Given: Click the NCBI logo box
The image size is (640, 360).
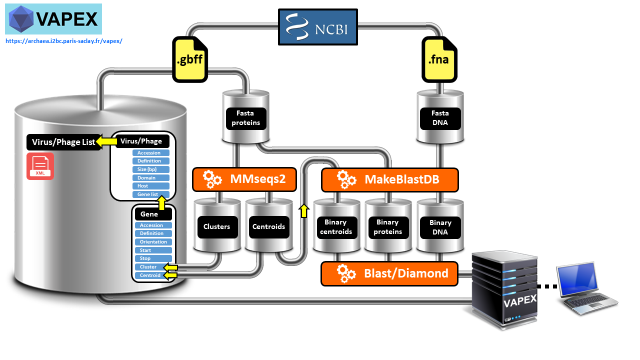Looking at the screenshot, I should pyautogui.click(x=318, y=27).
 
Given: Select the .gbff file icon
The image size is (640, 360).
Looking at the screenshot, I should pyautogui.click(x=189, y=59).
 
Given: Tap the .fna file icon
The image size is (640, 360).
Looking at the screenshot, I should pyautogui.click(x=439, y=59).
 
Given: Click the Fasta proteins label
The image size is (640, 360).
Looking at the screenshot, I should pyautogui.click(x=245, y=118).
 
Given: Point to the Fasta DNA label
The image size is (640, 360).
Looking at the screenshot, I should pyautogui.click(x=440, y=118).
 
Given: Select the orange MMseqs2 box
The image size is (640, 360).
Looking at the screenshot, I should pyautogui.click(x=244, y=179).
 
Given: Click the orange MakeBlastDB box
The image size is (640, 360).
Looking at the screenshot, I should pyautogui.click(x=389, y=179).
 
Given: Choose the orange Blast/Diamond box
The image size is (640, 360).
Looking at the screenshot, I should pyautogui.click(x=389, y=273).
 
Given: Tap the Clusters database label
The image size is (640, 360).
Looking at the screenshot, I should pyautogui.click(x=216, y=226).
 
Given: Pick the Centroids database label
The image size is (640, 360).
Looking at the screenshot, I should pyautogui.click(x=268, y=226).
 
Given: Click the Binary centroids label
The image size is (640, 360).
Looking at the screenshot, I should pyautogui.click(x=335, y=227).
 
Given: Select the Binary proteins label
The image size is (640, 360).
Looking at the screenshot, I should pyautogui.click(x=387, y=227).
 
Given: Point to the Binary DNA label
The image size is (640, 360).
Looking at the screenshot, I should pyautogui.click(x=440, y=227).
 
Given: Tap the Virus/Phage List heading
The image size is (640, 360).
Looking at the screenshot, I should pyautogui.click(x=63, y=142).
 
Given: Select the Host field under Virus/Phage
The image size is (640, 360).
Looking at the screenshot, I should pyautogui.click(x=150, y=186).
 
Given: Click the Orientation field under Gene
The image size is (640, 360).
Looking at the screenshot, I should pyautogui.click(x=153, y=242).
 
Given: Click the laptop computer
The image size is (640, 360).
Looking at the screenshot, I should pyautogui.click(x=587, y=288).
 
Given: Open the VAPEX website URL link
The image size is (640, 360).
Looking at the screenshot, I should pyautogui.click(x=63, y=41).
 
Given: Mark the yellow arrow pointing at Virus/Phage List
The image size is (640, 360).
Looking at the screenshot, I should pyautogui.click(x=106, y=142).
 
